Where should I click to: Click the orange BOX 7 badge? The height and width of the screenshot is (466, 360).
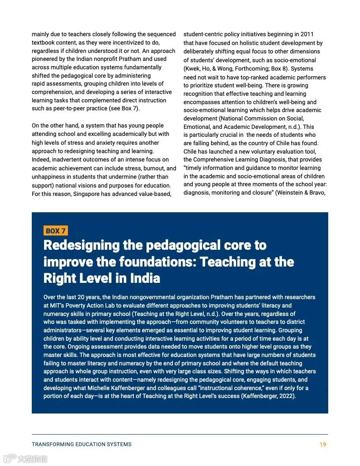pyautogui.click(x=56, y=231)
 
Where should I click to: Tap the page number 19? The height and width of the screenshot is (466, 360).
pyautogui.click(x=323, y=444)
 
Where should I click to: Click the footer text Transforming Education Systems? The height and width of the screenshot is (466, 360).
pyautogui.click(x=82, y=444)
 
